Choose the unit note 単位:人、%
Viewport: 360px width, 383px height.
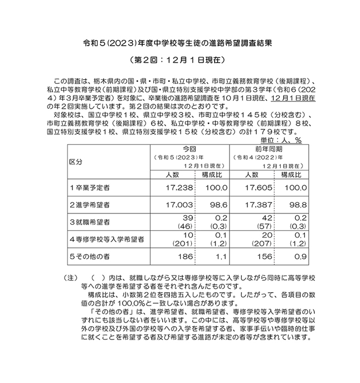coord(281,140)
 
